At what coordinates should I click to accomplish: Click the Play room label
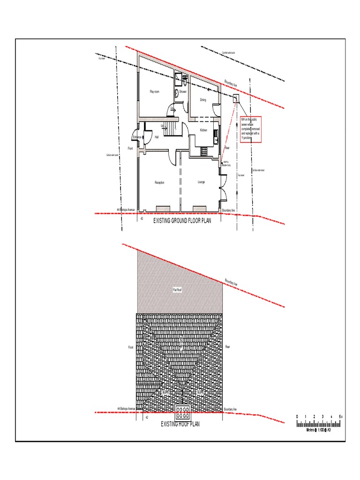pyautogui.click(x=154, y=92)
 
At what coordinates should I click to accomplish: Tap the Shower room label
pyautogui.click(x=183, y=92)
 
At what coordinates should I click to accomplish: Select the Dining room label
pyautogui.click(x=203, y=100)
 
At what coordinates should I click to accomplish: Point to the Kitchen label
pyautogui.click(x=203, y=130)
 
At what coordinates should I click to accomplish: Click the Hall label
pyautogui.click(x=157, y=137)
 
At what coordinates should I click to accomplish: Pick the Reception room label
pyautogui.click(x=159, y=182)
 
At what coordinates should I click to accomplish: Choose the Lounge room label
pyautogui.click(x=202, y=182)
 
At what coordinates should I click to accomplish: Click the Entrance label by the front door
pyautogui.click(x=137, y=137)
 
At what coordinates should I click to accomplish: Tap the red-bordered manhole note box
pyautogui.click(x=250, y=129)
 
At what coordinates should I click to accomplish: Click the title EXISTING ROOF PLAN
pyautogui.click(x=180, y=424)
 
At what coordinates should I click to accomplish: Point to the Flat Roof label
pyautogui.click(x=177, y=290)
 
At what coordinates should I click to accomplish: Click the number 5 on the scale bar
pyautogui.click(x=339, y=416)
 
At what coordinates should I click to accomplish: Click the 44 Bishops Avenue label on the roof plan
pyautogui.click(x=126, y=409)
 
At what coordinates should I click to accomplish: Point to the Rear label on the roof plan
pyautogui.click(x=228, y=347)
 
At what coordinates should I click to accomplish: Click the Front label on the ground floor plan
pyautogui.click(x=131, y=149)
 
